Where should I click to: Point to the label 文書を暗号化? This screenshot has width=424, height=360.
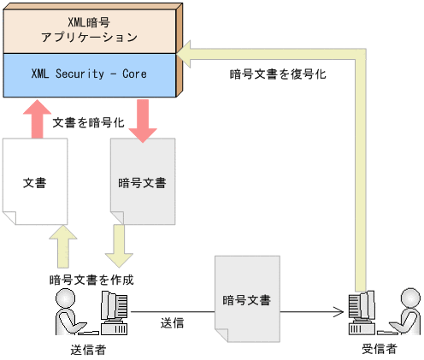(89, 123)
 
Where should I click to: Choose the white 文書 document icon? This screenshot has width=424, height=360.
(35, 182)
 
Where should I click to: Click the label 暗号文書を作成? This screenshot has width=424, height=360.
(91, 280)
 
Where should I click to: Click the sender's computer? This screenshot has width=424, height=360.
(114, 313)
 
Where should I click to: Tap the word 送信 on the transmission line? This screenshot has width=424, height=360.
(174, 324)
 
